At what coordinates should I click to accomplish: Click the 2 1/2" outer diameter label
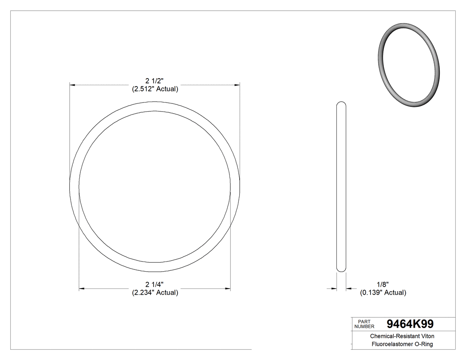pos(154,81)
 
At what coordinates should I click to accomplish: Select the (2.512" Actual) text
pos(154,89)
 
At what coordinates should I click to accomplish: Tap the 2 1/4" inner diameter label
pos(154,285)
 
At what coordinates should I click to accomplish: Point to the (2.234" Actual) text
pos(154,293)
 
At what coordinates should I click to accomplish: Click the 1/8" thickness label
pos(383,285)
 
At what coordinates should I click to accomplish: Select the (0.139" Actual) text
pos(383,293)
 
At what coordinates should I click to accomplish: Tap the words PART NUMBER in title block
pos(364,324)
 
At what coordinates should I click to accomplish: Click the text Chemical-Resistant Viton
pos(402,336)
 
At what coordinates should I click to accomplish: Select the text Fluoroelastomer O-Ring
pos(402,344)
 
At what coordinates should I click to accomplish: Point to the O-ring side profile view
pos(341,186)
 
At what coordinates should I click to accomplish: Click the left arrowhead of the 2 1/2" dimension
pos(72,84)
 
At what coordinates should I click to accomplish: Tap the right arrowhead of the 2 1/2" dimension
pos(237,84)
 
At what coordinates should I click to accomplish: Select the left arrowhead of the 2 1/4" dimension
pos(81,289)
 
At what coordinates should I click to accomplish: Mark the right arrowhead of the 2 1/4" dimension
pos(228,289)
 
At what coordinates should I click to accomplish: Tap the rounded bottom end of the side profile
pos(341,269)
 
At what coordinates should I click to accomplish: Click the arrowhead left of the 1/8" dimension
pos(334,289)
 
